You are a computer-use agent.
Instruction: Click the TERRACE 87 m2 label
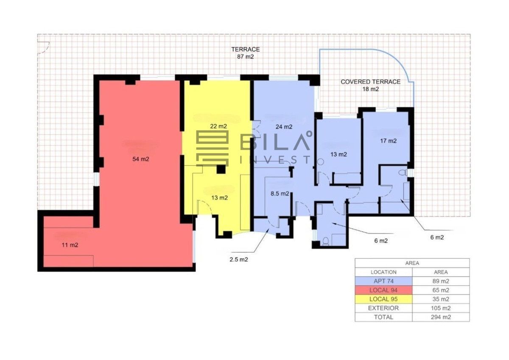[x=246, y=53]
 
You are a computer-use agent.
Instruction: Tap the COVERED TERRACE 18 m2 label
[x=370, y=85]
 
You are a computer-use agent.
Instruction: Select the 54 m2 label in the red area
[x=141, y=159]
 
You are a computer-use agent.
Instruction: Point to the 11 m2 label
[x=70, y=245]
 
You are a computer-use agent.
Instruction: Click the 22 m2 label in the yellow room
[x=218, y=126]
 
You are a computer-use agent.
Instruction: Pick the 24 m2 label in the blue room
[x=284, y=127]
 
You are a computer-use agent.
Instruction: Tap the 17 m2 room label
[x=389, y=141]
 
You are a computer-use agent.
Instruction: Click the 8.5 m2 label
[x=280, y=194]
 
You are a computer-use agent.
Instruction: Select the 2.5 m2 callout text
[x=238, y=259]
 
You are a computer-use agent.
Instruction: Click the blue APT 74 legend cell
[x=383, y=281]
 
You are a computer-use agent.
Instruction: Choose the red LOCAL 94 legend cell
[x=383, y=290]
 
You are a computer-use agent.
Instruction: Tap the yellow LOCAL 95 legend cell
[x=383, y=299]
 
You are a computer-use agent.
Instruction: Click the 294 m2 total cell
[x=441, y=317]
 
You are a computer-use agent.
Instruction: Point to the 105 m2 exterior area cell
[x=441, y=308]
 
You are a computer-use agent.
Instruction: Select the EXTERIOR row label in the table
[x=383, y=308]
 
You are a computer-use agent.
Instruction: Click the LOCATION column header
[x=383, y=272]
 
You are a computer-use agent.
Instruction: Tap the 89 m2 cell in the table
[x=441, y=281]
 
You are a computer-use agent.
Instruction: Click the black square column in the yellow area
[x=221, y=169]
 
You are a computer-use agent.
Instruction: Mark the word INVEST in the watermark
[x=275, y=160]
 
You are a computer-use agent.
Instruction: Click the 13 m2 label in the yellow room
[x=220, y=198]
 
